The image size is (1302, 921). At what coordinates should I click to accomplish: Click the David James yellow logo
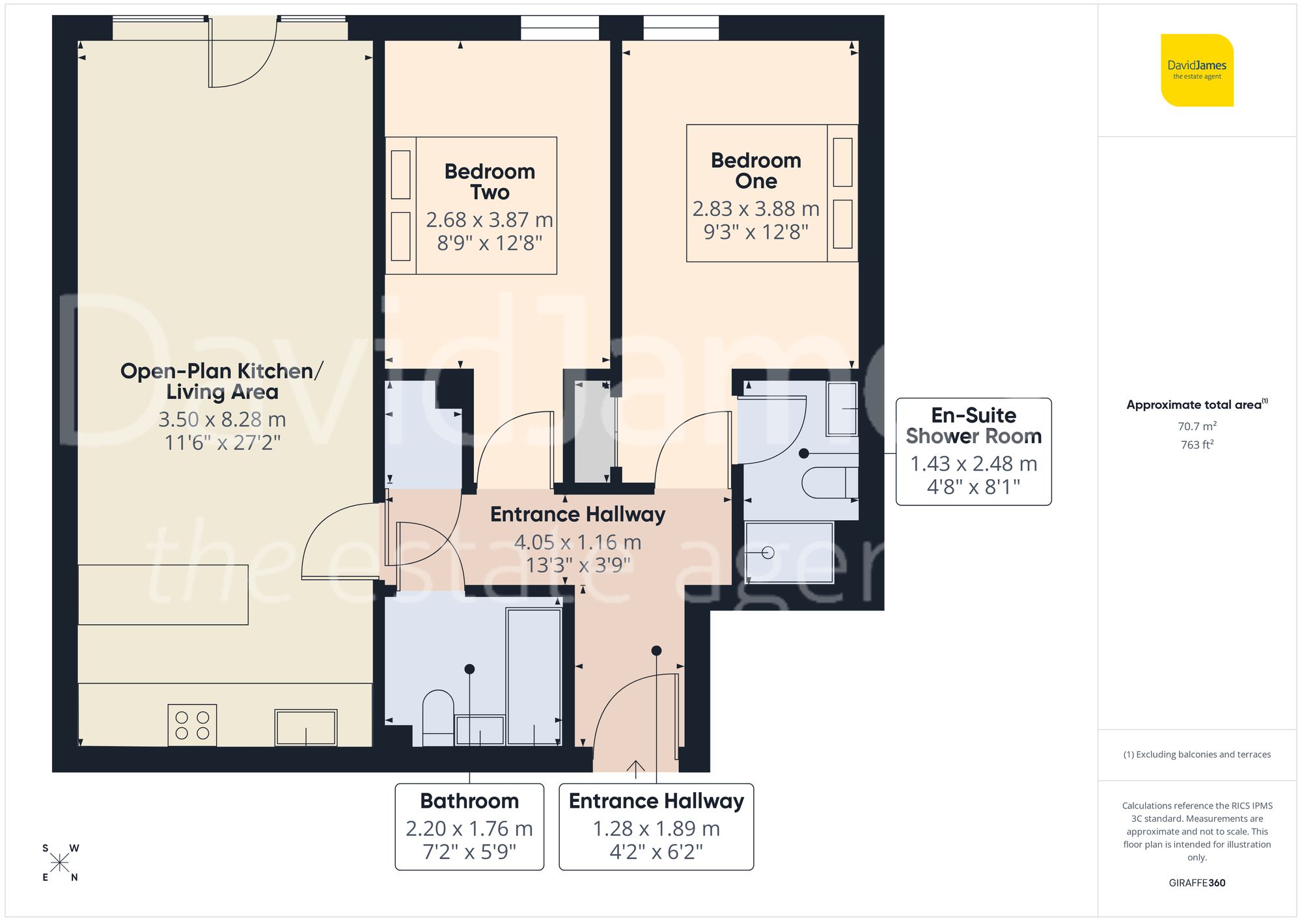(1197, 70)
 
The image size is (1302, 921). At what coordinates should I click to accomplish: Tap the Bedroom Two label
(490, 182)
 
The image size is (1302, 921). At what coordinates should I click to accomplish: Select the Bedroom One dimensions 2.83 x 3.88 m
(756, 209)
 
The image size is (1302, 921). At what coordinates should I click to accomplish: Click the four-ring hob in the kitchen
(192, 724)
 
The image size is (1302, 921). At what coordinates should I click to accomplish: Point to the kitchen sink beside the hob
(305, 727)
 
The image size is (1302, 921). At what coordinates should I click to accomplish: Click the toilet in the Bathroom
(438, 716)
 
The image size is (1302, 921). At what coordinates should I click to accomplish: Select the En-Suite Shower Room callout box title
(973, 426)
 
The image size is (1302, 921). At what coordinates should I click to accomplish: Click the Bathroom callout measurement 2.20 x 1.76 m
(469, 829)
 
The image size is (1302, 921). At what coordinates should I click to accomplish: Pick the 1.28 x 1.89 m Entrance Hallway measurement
(656, 829)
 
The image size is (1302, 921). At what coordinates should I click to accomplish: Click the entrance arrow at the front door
(635, 769)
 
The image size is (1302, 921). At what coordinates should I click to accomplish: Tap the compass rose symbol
(60, 863)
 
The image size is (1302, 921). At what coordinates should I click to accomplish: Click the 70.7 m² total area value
(1197, 426)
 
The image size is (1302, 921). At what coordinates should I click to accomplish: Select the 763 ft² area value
(1197, 445)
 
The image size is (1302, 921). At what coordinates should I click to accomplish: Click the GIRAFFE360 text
(1197, 883)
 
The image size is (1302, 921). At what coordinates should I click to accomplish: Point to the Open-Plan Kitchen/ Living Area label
(222, 381)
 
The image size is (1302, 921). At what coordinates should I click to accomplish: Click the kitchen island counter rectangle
(163, 595)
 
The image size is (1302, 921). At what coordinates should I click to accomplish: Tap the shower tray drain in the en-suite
(768, 553)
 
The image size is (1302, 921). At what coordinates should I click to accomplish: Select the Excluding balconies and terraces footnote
(1197, 754)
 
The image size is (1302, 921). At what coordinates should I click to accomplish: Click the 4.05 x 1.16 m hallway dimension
(577, 542)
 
